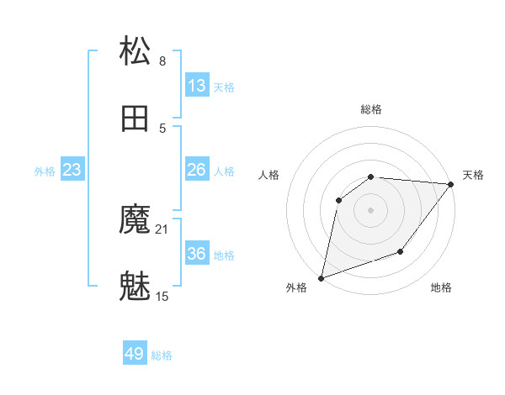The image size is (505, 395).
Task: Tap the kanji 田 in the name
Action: pos(136,118)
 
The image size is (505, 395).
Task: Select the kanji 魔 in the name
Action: pos(136,221)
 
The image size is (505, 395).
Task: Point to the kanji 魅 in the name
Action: pos(136,287)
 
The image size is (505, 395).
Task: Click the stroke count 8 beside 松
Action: pos(162,61)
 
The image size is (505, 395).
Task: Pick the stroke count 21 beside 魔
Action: pos(162,229)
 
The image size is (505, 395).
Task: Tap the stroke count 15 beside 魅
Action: pos(162,296)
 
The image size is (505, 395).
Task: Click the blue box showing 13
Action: pos(197,86)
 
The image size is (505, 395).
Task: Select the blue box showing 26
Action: pos(197,170)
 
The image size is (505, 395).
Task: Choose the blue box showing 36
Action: pos(197,254)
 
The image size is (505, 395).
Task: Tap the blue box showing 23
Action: pos(72,170)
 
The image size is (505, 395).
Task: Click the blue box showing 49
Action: pos(135,354)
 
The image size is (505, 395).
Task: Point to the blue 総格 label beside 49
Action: pos(162,355)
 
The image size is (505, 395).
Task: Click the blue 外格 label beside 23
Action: pos(45,171)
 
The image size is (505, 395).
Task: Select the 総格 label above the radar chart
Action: pos(371,109)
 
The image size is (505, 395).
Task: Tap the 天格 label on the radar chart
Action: pos(473,175)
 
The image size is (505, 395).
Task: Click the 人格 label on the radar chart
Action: pos(269,175)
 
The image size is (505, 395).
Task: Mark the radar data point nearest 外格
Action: pos(321,277)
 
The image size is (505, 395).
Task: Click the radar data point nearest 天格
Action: pos(451,184)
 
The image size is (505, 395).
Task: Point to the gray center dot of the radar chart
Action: pos(371,209)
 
